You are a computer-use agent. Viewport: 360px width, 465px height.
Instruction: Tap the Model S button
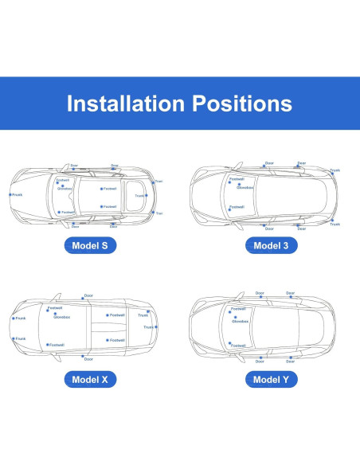click(91, 245)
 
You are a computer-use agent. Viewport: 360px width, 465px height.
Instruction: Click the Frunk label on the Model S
click(18, 194)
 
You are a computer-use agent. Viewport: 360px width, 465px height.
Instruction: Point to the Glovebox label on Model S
click(65, 189)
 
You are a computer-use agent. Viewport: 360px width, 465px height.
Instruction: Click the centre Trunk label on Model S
click(139, 195)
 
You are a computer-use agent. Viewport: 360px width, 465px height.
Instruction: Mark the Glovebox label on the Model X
click(61, 317)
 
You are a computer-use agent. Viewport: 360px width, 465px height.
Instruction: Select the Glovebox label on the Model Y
click(240, 321)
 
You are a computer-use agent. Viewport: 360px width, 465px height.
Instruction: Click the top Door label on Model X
click(88, 296)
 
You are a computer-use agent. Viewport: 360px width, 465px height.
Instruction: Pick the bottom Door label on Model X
click(88, 359)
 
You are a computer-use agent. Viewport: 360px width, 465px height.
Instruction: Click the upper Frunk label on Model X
click(21, 318)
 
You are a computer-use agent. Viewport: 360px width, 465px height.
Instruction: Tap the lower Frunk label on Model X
click(21, 339)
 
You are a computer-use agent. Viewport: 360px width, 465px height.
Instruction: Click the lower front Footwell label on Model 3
click(237, 206)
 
